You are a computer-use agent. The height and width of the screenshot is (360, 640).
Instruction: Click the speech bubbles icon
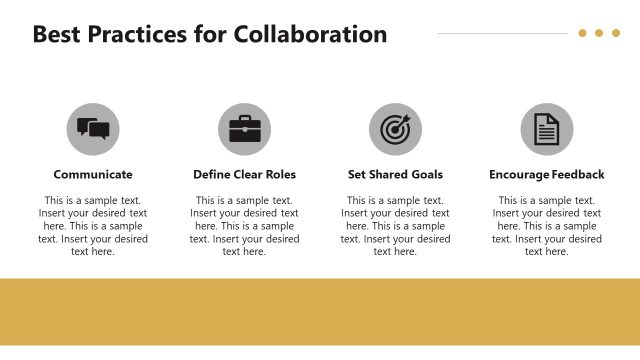click(93, 129)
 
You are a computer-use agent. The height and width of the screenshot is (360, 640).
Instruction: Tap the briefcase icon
click(244, 129)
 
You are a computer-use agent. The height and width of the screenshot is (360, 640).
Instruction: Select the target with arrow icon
click(395, 129)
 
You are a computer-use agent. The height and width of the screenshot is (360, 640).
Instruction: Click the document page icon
click(546, 129)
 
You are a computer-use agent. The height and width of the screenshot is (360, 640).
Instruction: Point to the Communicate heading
click(93, 174)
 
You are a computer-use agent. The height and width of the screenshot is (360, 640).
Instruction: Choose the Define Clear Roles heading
click(244, 174)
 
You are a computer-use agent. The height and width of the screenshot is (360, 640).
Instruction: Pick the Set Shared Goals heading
click(395, 174)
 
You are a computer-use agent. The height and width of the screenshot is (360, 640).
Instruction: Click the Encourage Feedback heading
click(546, 174)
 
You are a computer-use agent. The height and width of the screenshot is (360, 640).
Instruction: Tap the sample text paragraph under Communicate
click(93, 226)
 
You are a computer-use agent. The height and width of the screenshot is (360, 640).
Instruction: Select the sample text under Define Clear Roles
click(244, 226)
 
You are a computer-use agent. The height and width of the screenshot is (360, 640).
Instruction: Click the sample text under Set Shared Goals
click(395, 226)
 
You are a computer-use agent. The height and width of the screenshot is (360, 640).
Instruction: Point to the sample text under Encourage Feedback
click(546, 226)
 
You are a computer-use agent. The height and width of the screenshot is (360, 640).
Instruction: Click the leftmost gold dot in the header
click(582, 33)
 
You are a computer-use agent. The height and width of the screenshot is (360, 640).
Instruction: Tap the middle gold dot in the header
click(599, 33)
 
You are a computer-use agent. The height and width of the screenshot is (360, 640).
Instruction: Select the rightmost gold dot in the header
click(615, 33)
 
